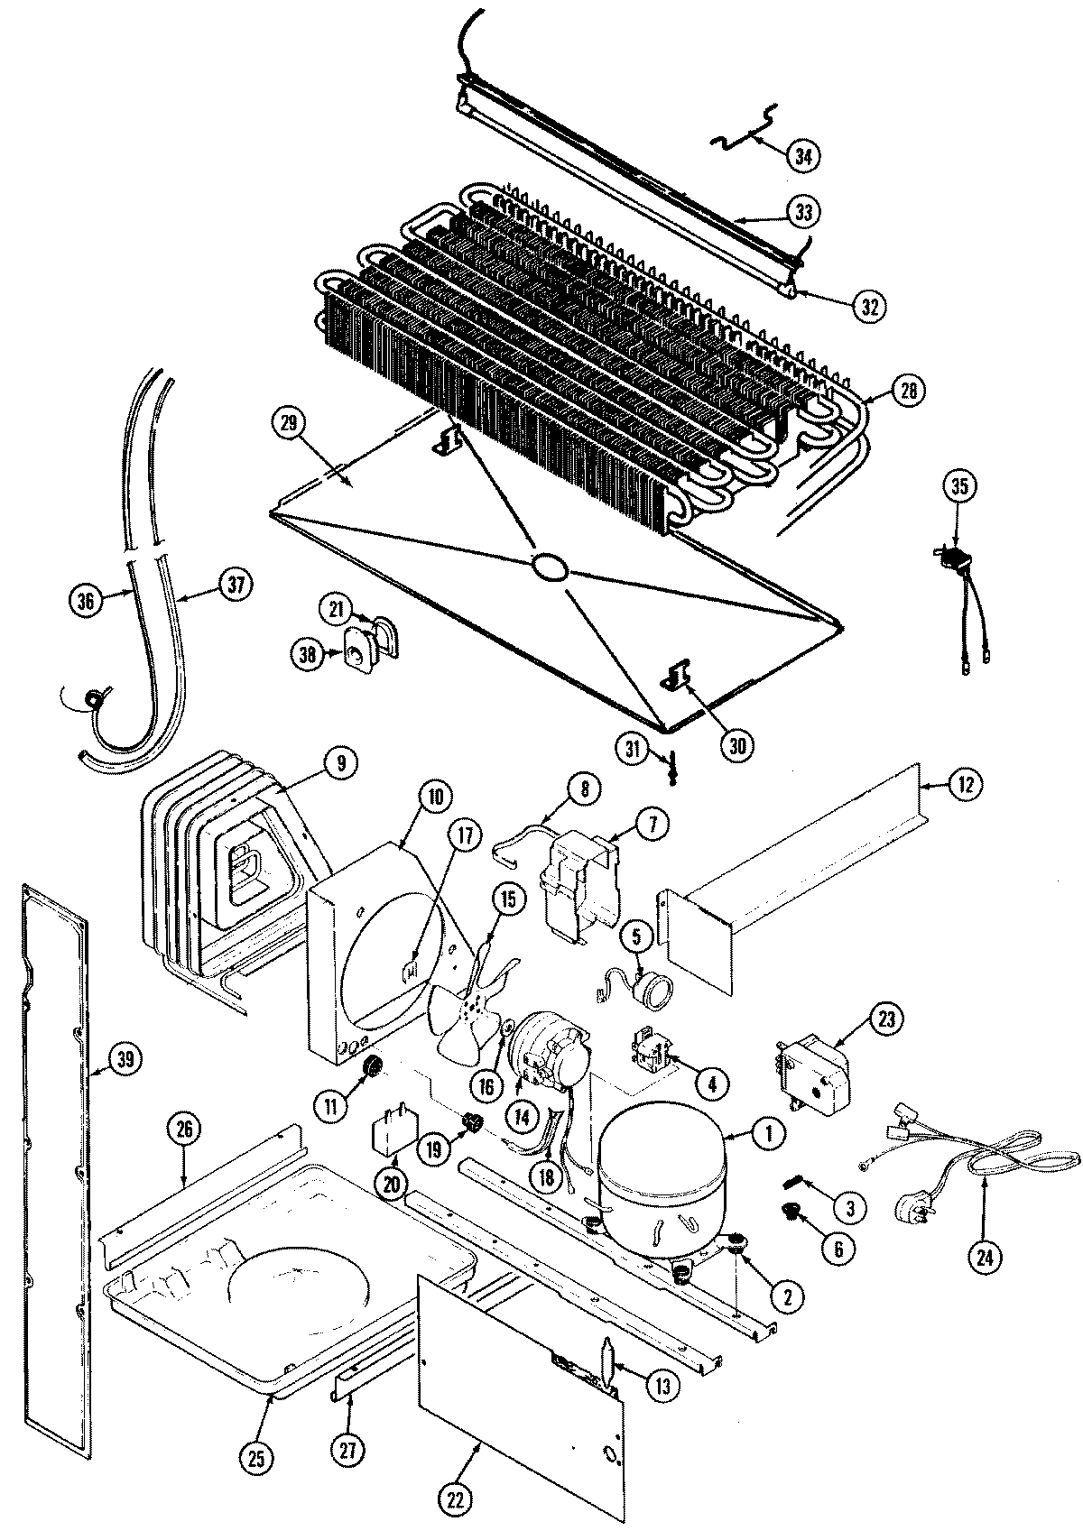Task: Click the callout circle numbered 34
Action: (x=802, y=155)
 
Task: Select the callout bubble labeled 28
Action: (x=907, y=390)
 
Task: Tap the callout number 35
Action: (x=958, y=486)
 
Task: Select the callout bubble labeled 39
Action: (x=125, y=1060)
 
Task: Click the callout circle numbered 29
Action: (x=293, y=423)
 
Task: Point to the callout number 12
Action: (x=965, y=785)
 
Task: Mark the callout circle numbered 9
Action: (x=339, y=763)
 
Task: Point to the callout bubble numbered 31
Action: (x=634, y=747)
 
